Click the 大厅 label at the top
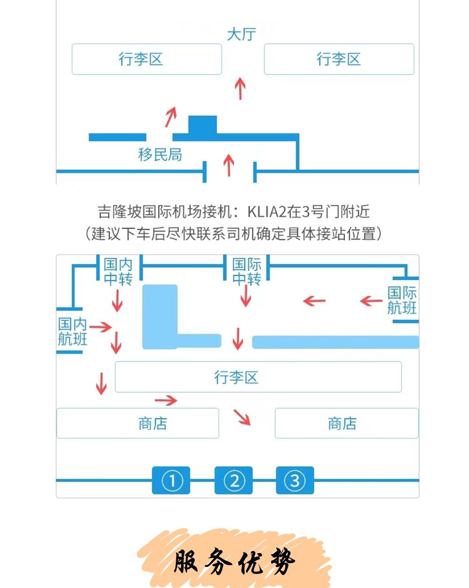242,34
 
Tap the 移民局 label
160,154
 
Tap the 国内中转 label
118,272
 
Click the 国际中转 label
247,272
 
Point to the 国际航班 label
402,300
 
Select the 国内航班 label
72,332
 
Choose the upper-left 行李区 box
147,59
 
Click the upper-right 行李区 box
339,59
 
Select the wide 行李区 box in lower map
258,377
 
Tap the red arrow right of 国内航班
100,327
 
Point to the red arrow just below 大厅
240,89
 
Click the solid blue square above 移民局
203,125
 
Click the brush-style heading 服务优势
234,561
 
